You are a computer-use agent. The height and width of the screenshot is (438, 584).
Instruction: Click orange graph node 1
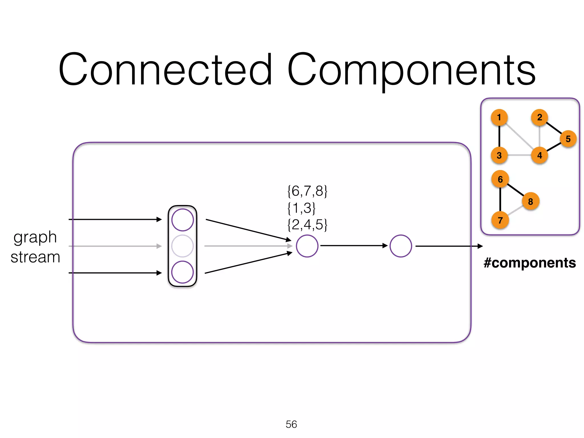tap(499, 117)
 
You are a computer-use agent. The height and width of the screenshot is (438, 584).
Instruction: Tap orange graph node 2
tap(540, 117)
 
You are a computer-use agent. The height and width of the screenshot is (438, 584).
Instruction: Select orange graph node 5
tap(568, 139)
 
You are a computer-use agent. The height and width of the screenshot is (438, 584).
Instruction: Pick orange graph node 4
tap(540, 155)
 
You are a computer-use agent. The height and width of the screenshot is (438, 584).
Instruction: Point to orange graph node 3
tap(499, 155)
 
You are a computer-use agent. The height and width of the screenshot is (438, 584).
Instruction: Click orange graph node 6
tap(500, 179)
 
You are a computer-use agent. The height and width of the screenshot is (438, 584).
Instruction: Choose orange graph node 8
tap(530, 201)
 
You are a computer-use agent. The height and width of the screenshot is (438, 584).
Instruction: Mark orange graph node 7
tap(500, 220)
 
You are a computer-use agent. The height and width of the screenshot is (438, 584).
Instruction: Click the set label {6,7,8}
tap(307, 191)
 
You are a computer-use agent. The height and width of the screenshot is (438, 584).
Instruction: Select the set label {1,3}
tap(301, 208)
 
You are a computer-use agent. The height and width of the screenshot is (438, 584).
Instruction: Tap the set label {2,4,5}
tap(307, 225)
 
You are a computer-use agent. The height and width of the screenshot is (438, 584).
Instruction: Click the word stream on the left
tap(35, 257)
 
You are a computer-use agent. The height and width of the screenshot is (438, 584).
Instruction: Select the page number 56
tap(291, 424)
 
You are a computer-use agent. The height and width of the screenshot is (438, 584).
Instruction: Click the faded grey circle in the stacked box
tap(182, 246)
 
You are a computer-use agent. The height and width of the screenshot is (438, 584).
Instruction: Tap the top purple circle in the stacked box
tap(182, 220)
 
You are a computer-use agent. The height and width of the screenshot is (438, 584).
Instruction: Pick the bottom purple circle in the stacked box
tap(182, 272)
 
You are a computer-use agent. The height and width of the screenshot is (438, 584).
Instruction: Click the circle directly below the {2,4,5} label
tap(307, 246)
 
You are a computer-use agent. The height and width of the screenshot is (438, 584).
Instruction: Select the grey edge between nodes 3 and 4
tap(519, 155)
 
